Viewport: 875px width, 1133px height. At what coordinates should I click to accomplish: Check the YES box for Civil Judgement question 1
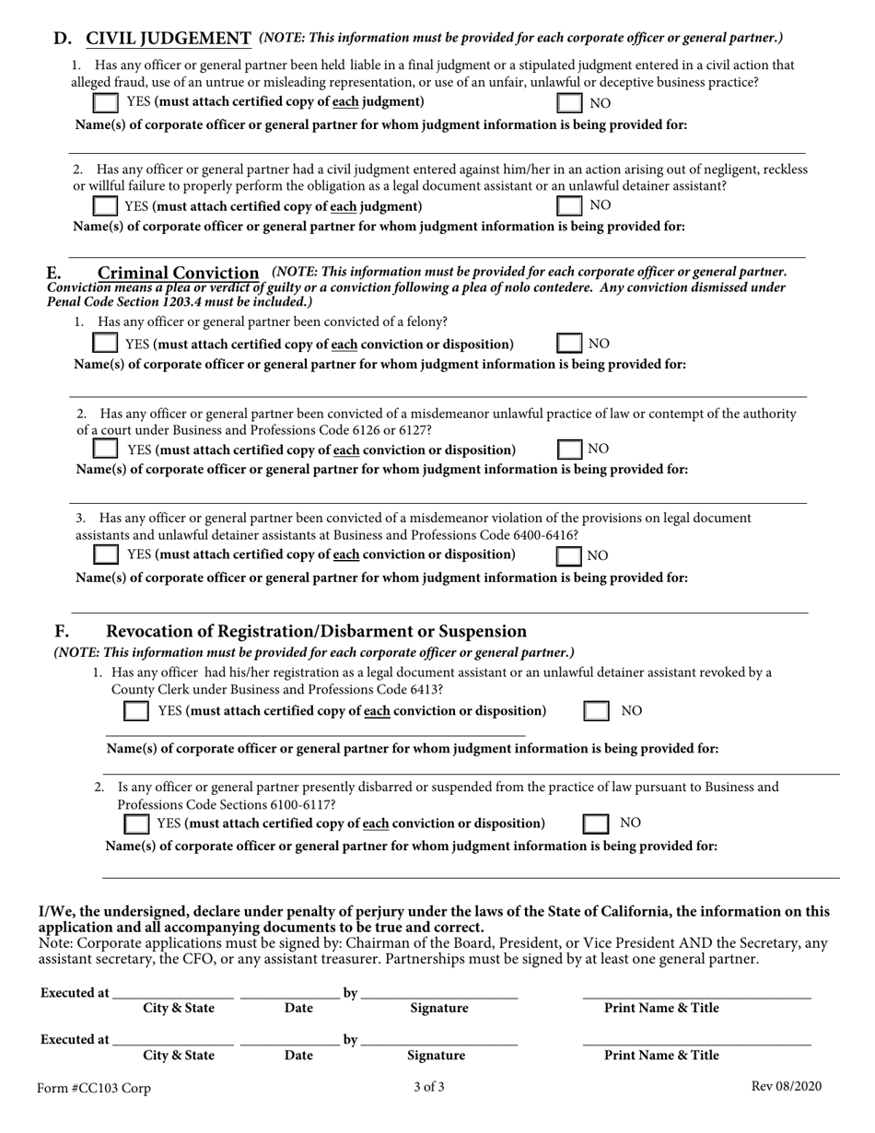(106, 102)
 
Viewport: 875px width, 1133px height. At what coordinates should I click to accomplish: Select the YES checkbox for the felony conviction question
(106, 344)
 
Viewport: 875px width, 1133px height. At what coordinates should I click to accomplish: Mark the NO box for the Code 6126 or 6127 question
(570, 450)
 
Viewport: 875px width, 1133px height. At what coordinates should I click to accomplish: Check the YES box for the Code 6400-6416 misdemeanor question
(106, 555)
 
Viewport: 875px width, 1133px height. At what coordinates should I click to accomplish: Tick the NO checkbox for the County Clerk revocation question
(597, 711)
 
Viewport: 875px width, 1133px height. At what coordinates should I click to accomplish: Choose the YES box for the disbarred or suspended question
(135, 823)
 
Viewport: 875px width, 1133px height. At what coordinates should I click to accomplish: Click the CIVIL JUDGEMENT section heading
(169, 39)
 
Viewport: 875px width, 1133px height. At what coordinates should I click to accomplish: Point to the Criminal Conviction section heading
(178, 273)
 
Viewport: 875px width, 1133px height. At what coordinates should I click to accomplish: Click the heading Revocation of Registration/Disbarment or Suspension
(317, 631)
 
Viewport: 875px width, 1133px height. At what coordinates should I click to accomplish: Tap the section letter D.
(62, 39)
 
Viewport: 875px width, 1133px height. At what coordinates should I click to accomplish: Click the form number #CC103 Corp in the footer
(94, 1088)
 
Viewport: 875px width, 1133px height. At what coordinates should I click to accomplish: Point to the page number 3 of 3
(429, 1087)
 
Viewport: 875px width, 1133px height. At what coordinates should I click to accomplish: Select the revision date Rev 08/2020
(786, 1087)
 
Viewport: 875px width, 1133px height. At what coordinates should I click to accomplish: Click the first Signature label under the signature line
(438, 1009)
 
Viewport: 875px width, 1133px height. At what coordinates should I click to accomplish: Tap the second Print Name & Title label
(661, 1056)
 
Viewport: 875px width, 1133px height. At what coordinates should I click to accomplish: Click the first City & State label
(179, 1009)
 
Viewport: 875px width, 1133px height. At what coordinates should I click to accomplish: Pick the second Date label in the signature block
(298, 1056)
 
